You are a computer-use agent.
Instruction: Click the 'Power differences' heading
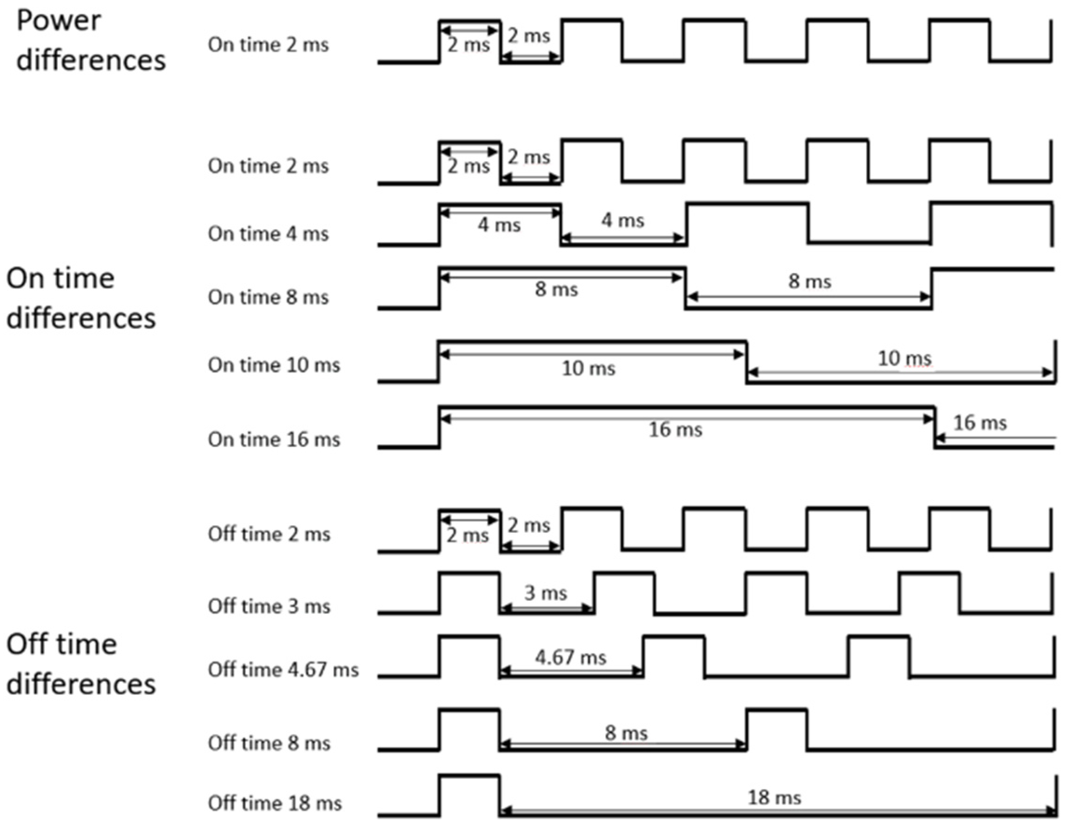click(91, 41)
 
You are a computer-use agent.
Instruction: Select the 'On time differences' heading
click(81, 298)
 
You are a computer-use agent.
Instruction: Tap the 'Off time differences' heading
click(81, 663)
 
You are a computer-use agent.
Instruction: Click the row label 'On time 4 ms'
click(268, 234)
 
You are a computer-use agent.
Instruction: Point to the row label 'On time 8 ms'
click(268, 297)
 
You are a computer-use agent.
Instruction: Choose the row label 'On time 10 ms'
click(274, 365)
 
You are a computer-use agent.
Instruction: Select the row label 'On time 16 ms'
click(274, 440)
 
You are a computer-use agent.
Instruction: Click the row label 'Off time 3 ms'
click(269, 606)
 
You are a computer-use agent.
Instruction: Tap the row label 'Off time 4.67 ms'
click(284, 670)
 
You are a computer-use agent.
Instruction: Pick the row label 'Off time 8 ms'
click(269, 743)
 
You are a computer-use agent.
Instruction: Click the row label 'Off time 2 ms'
click(269, 534)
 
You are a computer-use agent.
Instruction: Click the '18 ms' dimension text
click(774, 798)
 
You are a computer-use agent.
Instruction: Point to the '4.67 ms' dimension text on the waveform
click(571, 658)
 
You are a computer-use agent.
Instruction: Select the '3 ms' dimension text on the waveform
click(546, 593)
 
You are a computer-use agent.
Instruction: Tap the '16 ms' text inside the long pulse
click(675, 430)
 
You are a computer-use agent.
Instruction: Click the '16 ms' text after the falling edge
click(980, 423)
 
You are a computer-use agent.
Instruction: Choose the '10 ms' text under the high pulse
click(589, 368)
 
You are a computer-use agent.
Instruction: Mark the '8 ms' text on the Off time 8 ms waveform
click(626, 733)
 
